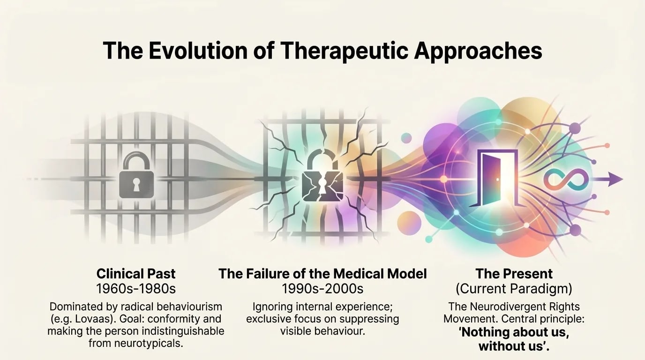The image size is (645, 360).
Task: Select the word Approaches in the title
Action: pos(478,51)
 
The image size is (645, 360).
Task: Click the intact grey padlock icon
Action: pos(135,178)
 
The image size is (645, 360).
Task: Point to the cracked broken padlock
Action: pos(322,180)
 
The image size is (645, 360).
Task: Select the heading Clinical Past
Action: pos(135,274)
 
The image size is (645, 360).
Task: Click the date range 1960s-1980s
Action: pos(135,289)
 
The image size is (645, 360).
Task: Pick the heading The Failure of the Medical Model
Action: pos(322,274)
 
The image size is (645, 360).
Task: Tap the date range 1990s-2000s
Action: pos(322,289)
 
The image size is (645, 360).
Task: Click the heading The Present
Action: pos(514,274)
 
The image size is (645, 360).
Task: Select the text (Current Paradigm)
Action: pos(514,289)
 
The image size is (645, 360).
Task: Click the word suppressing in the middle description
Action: pos(371,319)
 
